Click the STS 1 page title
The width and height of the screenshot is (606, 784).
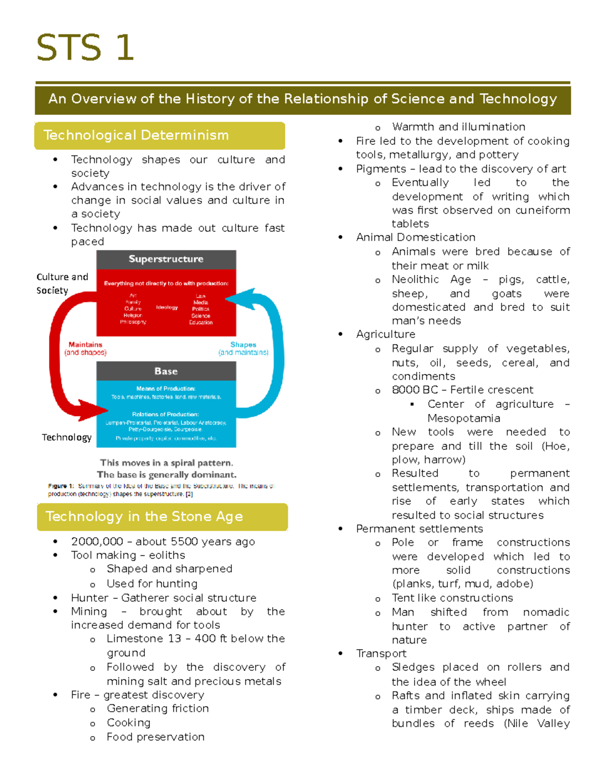pyautogui.click(x=85, y=48)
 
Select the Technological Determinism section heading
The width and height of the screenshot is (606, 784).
pyautogui.click(x=136, y=135)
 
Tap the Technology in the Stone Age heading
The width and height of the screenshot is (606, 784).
pyautogui.click(x=144, y=516)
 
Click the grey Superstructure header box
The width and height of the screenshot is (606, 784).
pyautogui.click(x=166, y=259)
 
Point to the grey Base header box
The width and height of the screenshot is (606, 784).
pyautogui.click(x=166, y=371)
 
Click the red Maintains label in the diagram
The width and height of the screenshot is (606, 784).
pyautogui.click(x=85, y=345)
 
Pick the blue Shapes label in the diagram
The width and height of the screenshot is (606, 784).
pyautogui.click(x=243, y=345)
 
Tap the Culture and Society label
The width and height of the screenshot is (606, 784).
pyautogui.click(x=62, y=283)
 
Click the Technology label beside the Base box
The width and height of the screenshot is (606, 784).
pyautogui.click(x=67, y=437)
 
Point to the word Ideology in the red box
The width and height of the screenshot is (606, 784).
pyautogui.click(x=167, y=307)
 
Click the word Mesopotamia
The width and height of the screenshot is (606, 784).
pyautogui.click(x=464, y=418)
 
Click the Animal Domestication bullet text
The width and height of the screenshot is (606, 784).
pyautogui.click(x=416, y=237)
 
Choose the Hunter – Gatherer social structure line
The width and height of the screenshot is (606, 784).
pyautogui.click(x=164, y=598)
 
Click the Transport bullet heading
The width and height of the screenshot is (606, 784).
pyautogui.click(x=381, y=653)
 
